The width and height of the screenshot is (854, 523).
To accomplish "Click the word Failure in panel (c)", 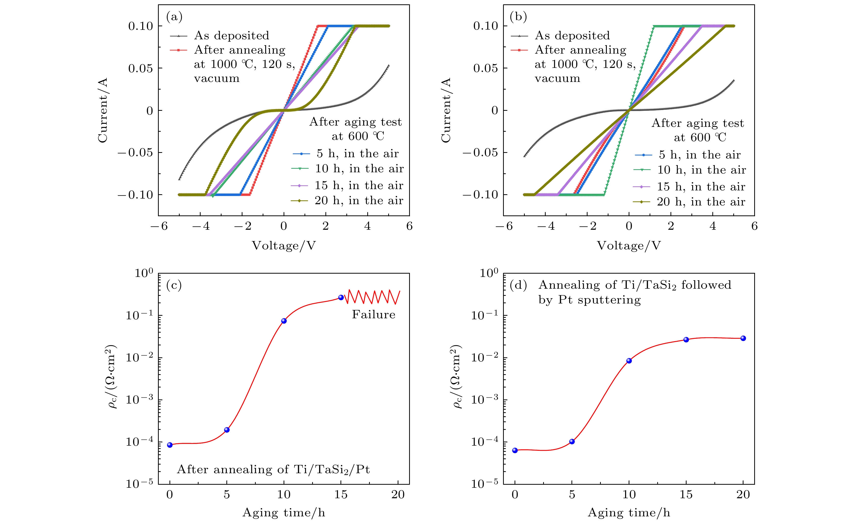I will pyautogui.click(x=373, y=314).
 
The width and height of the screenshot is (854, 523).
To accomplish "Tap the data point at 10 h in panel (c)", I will pyautogui.click(x=284, y=321).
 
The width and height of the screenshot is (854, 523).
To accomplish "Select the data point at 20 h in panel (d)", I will pyautogui.click(x=743, y=338).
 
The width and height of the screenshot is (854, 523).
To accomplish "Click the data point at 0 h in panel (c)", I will pyautogui.click(x=170, y=445).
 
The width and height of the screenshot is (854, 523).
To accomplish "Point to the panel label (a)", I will pyautogui.click(x=174, y=17).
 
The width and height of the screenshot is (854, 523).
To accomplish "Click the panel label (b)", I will pyautogui.click(x=519, y=17).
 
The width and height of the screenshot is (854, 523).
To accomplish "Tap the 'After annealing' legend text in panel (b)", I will pyautogui.click(x=581, y=50).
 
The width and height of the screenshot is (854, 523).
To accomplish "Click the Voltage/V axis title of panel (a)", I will pyautogui.click(x=284, y=246).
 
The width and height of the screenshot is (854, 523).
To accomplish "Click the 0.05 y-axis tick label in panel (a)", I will pyautogui.click(x=140, y=68).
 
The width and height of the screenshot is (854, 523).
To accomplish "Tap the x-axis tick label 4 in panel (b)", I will pyautogui.click(x=713, y=226).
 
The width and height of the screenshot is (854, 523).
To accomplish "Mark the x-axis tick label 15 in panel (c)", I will pyautogui.click(x=341, y=495).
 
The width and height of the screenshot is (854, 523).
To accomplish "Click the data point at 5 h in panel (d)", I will pyautogui.click(x=572, y=442).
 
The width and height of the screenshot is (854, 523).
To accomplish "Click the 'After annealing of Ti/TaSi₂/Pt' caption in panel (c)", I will pyautogui.click(x=273, y=469).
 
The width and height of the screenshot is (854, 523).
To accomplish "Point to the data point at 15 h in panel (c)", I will pyautogui.click(x=341, y=297).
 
